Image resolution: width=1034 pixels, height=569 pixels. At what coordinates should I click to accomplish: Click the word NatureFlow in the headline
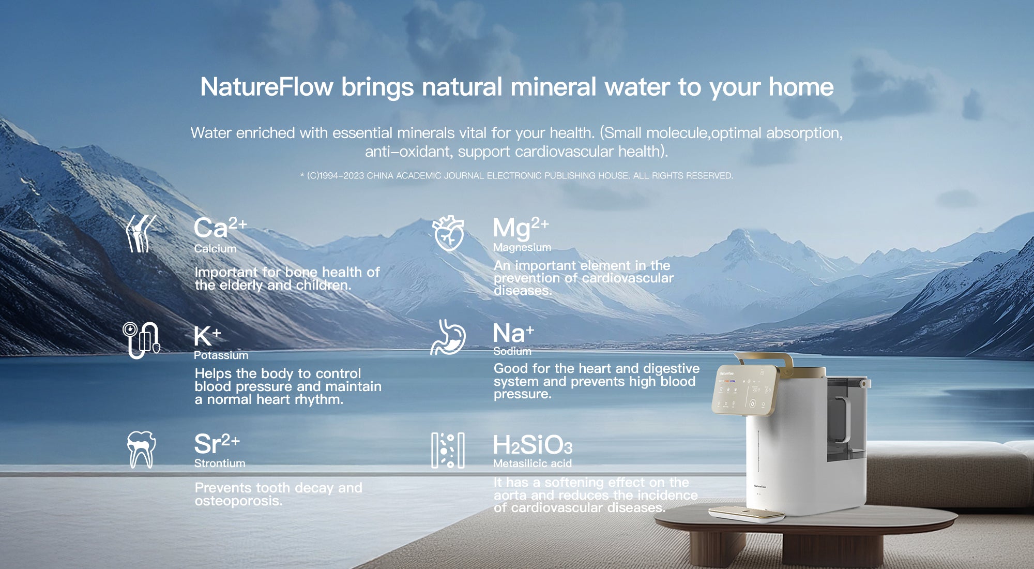pyautogui.click(x=266, y=86)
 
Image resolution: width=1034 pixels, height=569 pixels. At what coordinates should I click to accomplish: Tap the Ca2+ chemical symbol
pyautogui.click(x=220, y=228)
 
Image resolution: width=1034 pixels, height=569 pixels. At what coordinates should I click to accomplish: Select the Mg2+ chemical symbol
pyautogui.click(x=521, y=228)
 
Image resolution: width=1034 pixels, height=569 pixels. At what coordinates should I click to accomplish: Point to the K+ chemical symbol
pyautogui.click(x=207, y=336)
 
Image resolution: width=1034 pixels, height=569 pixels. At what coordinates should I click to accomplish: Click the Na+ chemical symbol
pyautogui.click(x=513, y=333)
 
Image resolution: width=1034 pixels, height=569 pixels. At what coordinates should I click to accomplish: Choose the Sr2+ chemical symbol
pyautogui.click(x=217, y=444)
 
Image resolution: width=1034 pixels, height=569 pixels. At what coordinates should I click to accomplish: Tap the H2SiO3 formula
pyautogui.click(x=533, y=445)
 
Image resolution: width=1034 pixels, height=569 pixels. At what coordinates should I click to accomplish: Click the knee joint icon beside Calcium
pyautogui.click(x=141, y=234)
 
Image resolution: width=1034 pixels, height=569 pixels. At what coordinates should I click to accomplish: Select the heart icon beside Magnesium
pyautogui.click(x=448, y=233)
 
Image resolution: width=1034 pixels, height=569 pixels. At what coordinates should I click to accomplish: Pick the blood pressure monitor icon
pyautogui.click(x=141, y=340)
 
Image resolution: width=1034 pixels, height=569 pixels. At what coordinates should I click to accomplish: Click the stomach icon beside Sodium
pyautogui.click(x=448, y=337)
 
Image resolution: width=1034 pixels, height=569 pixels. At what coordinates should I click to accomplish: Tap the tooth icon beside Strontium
pyautogui.click(x=141, y=450)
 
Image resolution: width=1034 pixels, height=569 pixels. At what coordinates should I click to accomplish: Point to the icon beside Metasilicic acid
pyautogui.click(x=448, y=451)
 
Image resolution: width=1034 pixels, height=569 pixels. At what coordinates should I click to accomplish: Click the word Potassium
pyautogui.click(x=221, y=355)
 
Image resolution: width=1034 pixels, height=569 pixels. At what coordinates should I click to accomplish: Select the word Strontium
pyautogui.click(x=220, y=463)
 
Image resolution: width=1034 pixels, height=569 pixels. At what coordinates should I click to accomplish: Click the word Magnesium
pyautogui.click(x=522, y=248)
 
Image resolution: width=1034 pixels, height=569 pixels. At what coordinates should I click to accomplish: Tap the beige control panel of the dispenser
pyautogui.click(x=744, y=390)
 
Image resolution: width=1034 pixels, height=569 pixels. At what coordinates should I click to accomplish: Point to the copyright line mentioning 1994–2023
pyautogui.click(x=516, y=176)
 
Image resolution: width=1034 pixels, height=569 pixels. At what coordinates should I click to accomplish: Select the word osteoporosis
pyautogui.click(x=238, y=501)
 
